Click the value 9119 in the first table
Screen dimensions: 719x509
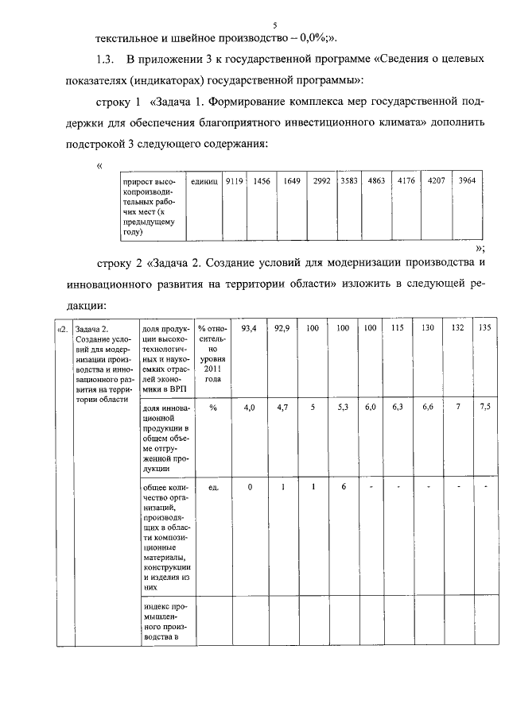(x=234, y=181)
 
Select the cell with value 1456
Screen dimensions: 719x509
(x=262, y=181)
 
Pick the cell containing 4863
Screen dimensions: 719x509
(x=377, y=181)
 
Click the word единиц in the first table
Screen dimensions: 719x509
(x=204, y=181)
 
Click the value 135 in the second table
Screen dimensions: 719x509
(x=484, y=327)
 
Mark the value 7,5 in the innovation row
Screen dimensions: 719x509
(x=484, y=407)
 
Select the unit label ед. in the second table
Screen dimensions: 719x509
(x=212, y=486)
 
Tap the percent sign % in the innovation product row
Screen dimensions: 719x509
(x=212, y=407)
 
